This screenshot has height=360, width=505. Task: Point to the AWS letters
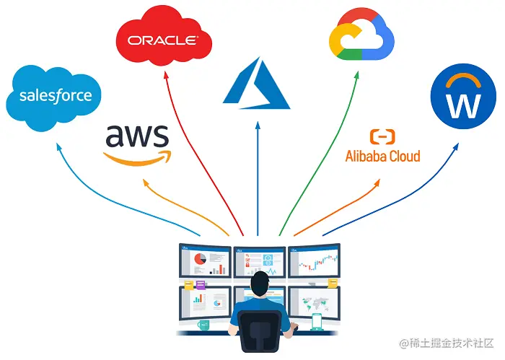tap(137, 136)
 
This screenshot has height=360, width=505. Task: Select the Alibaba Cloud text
tap(382, 155)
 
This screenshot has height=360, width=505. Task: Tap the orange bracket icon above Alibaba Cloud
tap(382, 136)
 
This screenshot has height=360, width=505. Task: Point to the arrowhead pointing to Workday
tap(455, 146)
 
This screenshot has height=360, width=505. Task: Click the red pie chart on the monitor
tap(200, 258)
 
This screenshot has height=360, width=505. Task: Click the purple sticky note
tap(201, 286)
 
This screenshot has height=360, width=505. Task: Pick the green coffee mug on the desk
tap(204, 325)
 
